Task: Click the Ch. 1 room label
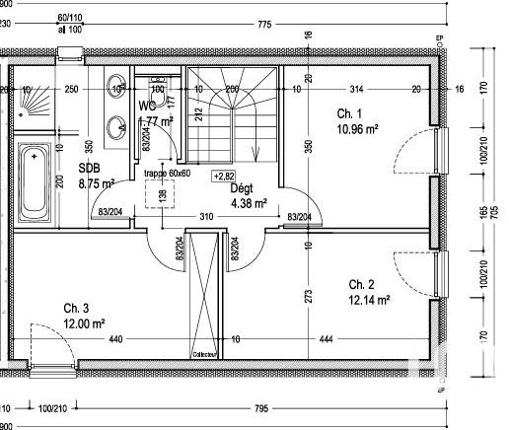(348, 112)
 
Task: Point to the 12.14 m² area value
(370, 299)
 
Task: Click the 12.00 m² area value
(84, 322)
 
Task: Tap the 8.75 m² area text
(97, 182)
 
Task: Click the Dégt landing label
(242, 188)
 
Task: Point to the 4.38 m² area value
(248, 203)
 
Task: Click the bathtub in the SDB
(35, 182)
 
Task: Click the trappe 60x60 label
(168, 173)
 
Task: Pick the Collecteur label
(204, 354)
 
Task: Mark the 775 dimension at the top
(264, 25)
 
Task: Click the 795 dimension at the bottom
(260, 407)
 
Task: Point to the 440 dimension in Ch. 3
(115, 340)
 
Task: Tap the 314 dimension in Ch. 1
(357, 90)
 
